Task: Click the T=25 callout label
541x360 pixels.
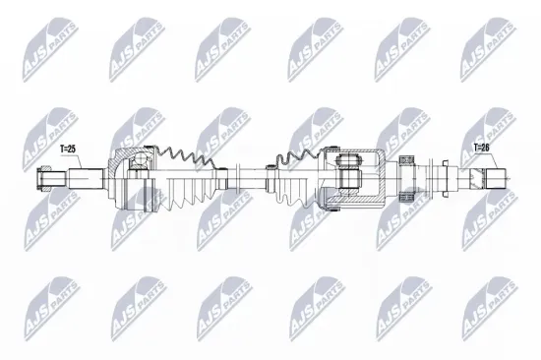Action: click(x=68, y=150)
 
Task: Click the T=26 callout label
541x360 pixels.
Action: click(x=481, y=148)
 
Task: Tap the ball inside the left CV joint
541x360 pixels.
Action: click(x=140, y=158)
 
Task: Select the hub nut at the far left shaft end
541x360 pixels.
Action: click(x=44, y=178)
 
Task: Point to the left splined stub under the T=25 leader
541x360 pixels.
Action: click(x=86, y=178)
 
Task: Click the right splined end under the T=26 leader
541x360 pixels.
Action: click(x=496, y=178)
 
